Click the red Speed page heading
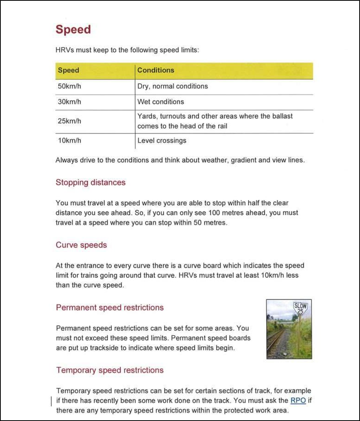tap(73, 30)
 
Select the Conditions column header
tap(156, 70)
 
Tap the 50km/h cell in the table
tap(69, 86)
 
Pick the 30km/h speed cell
tap(69, 102)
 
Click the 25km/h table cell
tap(69, 121)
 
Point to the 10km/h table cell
tap(69, 141)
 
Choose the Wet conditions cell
tap(161, 102)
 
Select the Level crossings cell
tap(162, 141)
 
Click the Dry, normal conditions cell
tap(172, 86)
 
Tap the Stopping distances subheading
tap(90, 182)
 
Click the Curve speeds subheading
tap(81, 245)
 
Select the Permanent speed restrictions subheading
tap(109, 307)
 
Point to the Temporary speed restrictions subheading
tap(109, 370)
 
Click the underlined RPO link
tap(298, 400)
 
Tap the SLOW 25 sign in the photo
tap(300, 308)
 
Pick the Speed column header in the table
tap(69, 70)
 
